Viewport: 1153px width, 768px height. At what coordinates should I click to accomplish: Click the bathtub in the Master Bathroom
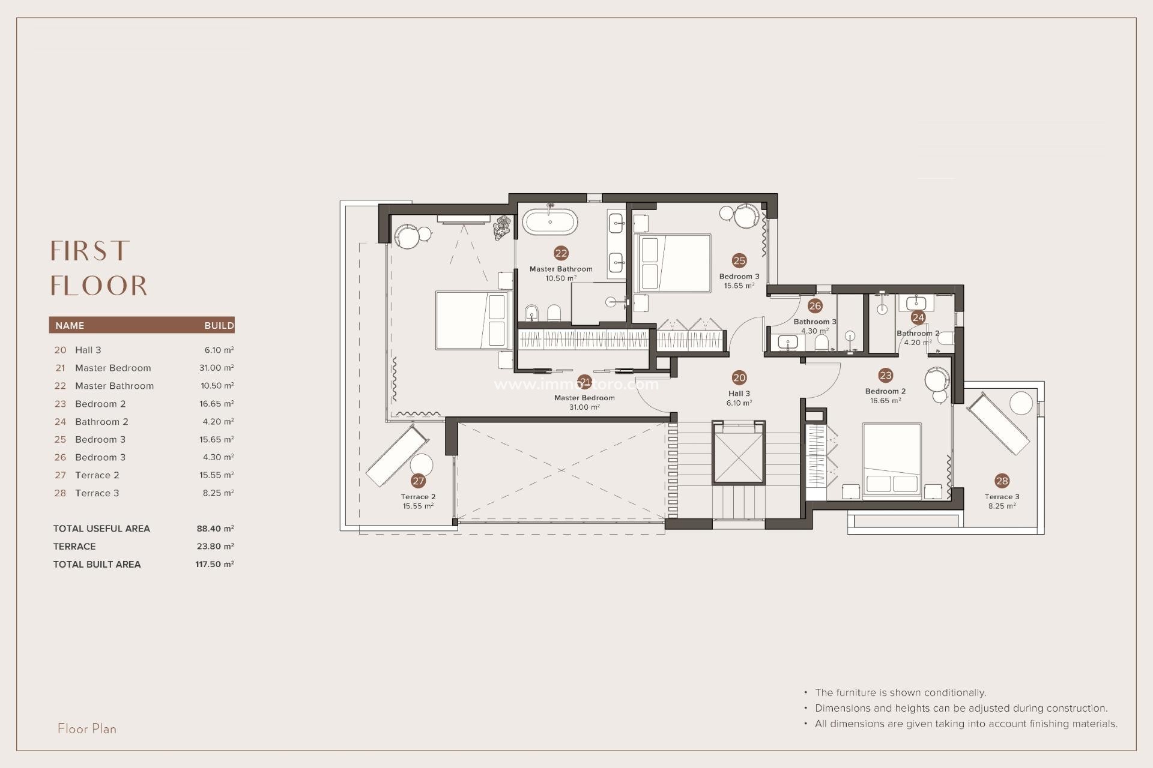pyautogui.click(x=550, y=222)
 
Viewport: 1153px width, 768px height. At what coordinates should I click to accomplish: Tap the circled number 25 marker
pyautogui.click(x=739, y=260)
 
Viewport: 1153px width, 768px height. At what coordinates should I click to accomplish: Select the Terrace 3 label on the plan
pyautogui.click(x=1002, y=497)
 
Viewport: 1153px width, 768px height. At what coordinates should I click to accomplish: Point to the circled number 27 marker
pyautogui.click(x=419, y=481)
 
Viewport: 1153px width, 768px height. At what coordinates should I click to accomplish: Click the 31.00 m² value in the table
pyautogui.click(x=216, y=368)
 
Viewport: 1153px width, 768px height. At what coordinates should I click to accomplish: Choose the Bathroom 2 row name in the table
pyautogui.click(x=101, y=422)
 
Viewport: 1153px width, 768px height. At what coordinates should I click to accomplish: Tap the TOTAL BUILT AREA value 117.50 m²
pyautogui.click(x=214, y=565)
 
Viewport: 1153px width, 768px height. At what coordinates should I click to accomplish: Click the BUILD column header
pyautogui.click(x=219, y=326)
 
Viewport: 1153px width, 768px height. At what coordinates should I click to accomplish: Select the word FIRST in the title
pyautogui.click(x=90, y=251)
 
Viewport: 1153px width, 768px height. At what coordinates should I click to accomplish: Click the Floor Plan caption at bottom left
pyautogui.click(x=87, y=729)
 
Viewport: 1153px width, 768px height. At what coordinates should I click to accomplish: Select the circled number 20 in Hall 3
pyautogui.click(x=739, y=377)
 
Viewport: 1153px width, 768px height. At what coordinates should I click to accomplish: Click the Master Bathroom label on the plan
pyautogui.click(x=561, y=269)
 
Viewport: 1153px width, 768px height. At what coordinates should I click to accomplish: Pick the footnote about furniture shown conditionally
pyautogui.click(x=900, y=693)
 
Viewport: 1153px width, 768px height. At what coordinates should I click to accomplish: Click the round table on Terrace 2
pyautogui.click(x=422, y=466)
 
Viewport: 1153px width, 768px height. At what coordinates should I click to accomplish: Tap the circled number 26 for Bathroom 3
pyautogui.click(x=815, y=306)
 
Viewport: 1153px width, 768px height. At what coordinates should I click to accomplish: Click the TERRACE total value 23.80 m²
pyautogui.click(x=214, y=547)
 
